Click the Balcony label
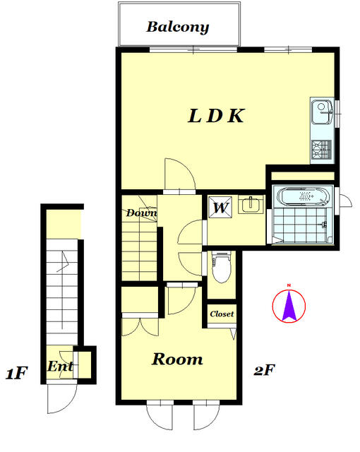click(x=178, y=28)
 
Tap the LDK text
click(x=216, y=116)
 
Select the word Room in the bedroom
click(x=177, y=359)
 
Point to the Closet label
click(x=222, y=314)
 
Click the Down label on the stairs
click(x=142, y=213)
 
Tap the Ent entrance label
click(x=60, y=367)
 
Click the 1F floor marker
click(x=16, y=373)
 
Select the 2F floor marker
click(x=264, y=370)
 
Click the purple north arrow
click(x=289, y=306)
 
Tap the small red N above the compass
click(x=289, y=285)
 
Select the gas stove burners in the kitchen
click(x=322, y=149)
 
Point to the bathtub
click(x=304, y=196)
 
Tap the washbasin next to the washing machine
click(x=251, y=205)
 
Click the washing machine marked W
click(x=220, y=207)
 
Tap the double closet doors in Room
click(x=140, y=327)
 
